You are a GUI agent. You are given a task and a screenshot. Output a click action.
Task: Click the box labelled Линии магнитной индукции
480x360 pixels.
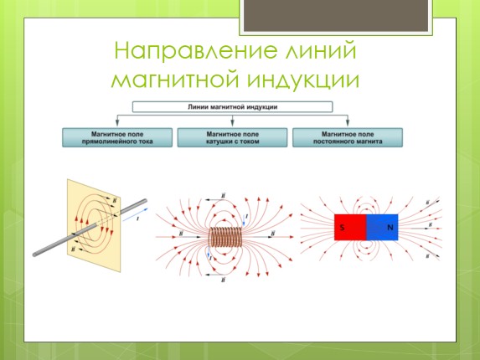(232, 107)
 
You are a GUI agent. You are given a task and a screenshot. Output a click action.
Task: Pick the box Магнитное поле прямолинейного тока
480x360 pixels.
(116, 137)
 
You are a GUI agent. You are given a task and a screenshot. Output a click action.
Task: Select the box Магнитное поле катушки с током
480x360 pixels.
(232, 137)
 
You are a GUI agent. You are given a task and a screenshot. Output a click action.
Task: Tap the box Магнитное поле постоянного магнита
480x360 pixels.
(347, 137)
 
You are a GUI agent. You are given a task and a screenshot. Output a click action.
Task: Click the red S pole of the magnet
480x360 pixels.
(350, 228)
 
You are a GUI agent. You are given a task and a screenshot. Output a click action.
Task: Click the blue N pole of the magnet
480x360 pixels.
(383, 228)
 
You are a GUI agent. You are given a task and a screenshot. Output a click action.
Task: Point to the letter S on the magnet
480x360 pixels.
(343, 228)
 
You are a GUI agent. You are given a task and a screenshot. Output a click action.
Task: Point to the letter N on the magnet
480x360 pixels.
(390, 228)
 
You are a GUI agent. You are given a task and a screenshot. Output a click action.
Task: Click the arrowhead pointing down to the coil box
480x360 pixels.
(232, 125)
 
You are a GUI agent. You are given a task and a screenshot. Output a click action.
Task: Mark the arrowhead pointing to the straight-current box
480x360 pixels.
(116, 125)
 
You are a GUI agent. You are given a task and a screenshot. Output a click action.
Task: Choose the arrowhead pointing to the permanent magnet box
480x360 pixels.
(347, 125)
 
